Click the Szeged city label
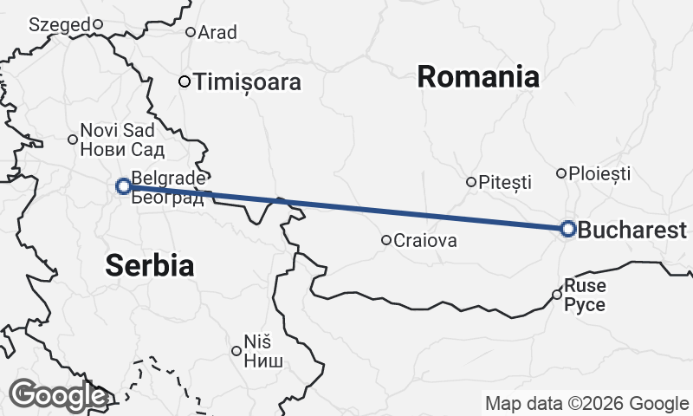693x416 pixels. (x=59, y=25)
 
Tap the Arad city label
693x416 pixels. (x=217, y=33)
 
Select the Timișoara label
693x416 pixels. (x=249, y=82)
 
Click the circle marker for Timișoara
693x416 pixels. (x=185, y=81)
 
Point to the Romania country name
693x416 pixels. (x=478, y=76)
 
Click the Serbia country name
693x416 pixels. (x=149, y=265)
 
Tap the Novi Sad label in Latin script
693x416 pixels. (x=117, y=131)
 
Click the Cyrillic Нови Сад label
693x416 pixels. (x=117, y=147)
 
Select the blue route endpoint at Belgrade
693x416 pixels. (x=124, y=185)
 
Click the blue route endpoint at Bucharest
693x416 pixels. (x=567, y=229)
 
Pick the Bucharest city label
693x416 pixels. (x=631, y=231)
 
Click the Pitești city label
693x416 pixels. (x=506, y=183)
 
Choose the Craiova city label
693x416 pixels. (x=425, y=241)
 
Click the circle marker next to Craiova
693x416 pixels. (x=386, y=240)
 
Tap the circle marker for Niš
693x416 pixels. (x=236, y=351)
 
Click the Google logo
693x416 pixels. (x=58, y=395)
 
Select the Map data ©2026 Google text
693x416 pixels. (x=586, y=403)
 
